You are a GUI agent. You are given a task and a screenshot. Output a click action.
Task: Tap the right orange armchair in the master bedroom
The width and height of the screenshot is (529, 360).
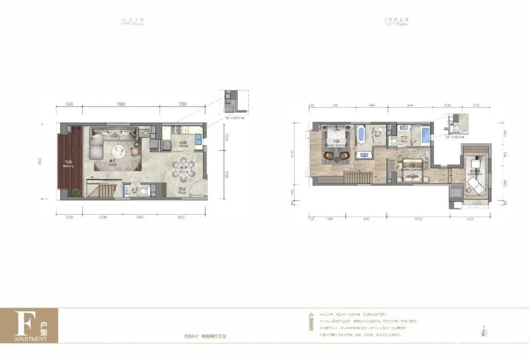click(343, 155)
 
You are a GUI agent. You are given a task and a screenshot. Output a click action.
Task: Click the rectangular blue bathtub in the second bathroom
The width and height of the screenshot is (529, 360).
click(425, 134)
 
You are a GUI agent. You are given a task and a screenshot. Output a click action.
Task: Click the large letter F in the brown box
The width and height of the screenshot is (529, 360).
click(22, 322)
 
